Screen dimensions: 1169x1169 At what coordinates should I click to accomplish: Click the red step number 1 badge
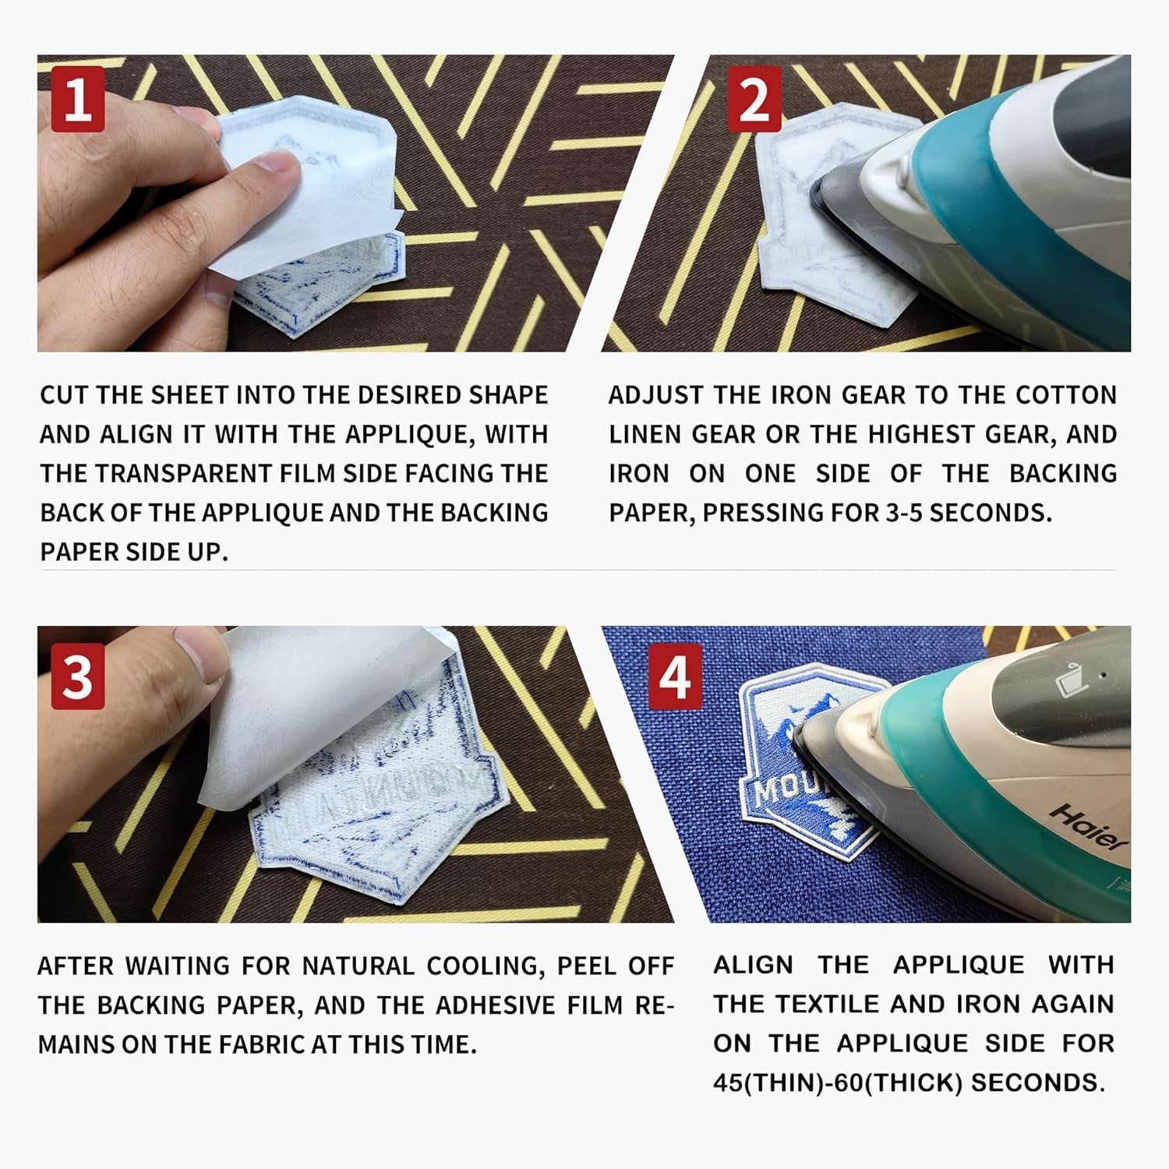point(77,99)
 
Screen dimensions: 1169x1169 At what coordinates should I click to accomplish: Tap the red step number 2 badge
point(754,99)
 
